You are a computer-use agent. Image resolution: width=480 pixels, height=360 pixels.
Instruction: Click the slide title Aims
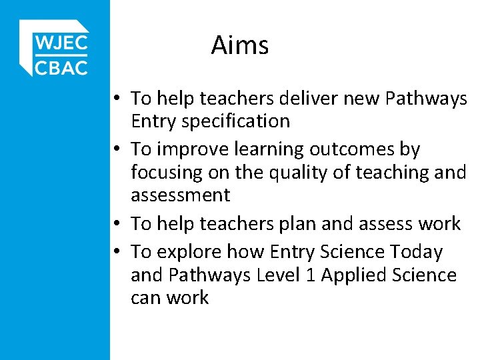click(x=240, y=45)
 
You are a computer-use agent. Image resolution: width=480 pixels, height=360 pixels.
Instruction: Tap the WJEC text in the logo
click(x=61, y=44)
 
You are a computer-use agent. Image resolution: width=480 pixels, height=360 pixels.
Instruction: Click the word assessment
click(x=180, y=195)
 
